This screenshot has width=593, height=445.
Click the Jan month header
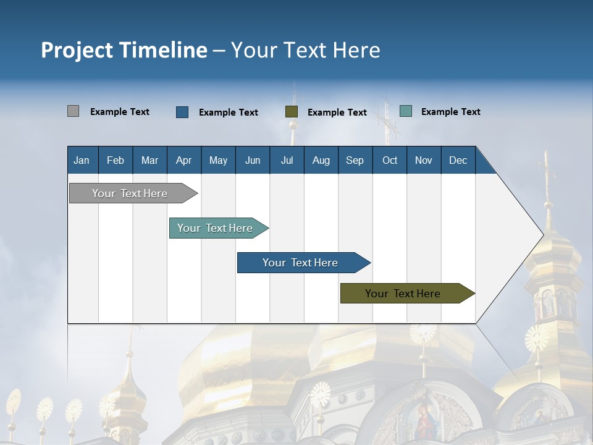tap(82, 161)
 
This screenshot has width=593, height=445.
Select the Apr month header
tap(183, 161)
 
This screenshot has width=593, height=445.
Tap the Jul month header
tap(287, 161)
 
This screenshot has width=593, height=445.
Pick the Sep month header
tap(355, 161)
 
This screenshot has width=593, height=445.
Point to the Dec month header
tap(458, 161)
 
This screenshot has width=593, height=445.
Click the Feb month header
tap(116, 161)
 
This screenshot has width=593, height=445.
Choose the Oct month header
tap(390, 161)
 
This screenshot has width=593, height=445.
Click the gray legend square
tap(73, 111)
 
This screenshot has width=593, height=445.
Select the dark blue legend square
tap(182, 112)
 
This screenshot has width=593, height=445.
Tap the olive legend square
tap(292, 112)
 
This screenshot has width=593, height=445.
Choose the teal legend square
tap(406, 111)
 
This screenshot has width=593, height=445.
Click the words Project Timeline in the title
tap(124, 50)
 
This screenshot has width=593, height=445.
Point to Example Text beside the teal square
tap(450, 112)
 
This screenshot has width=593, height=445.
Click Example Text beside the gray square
tap(120, 112)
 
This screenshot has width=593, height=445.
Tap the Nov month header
tap(424, 161)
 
